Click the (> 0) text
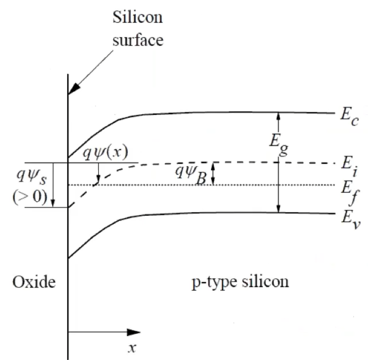coord(30,197)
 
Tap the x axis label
coord(130,348)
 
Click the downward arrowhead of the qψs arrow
coord(54,203)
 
